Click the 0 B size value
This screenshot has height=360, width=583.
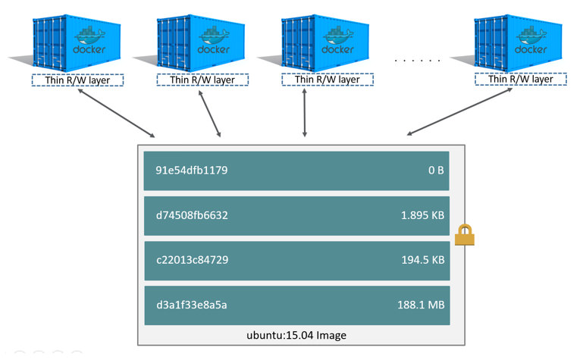pos(435,171)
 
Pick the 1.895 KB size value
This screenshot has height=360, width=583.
pos(422,215)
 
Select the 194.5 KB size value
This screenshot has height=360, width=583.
pos(422,260)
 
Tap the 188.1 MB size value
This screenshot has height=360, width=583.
pos(422,305)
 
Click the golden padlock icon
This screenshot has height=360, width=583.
pos(464,236)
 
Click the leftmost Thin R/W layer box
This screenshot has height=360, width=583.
pos(77,80)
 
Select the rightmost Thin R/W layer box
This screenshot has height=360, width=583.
pos(520,80)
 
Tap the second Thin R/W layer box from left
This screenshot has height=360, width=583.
pos(202,80)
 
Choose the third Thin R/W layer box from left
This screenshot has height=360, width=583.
pos(327,80)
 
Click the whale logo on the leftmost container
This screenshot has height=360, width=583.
pos(90,36)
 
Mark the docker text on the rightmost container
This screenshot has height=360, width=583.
pos(530,50)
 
